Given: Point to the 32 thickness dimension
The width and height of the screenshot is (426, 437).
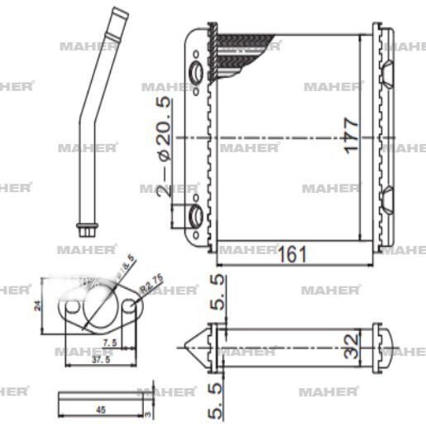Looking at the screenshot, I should pyautogui.click(x=350, y=341).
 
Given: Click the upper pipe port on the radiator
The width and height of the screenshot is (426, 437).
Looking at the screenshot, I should pyautogui.click(x=196, y=74).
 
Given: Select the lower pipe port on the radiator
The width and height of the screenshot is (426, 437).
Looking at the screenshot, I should pyautogui.click(x=196, y=217).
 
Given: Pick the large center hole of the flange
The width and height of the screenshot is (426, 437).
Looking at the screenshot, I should pyautogui.click(x=98, y=305).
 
